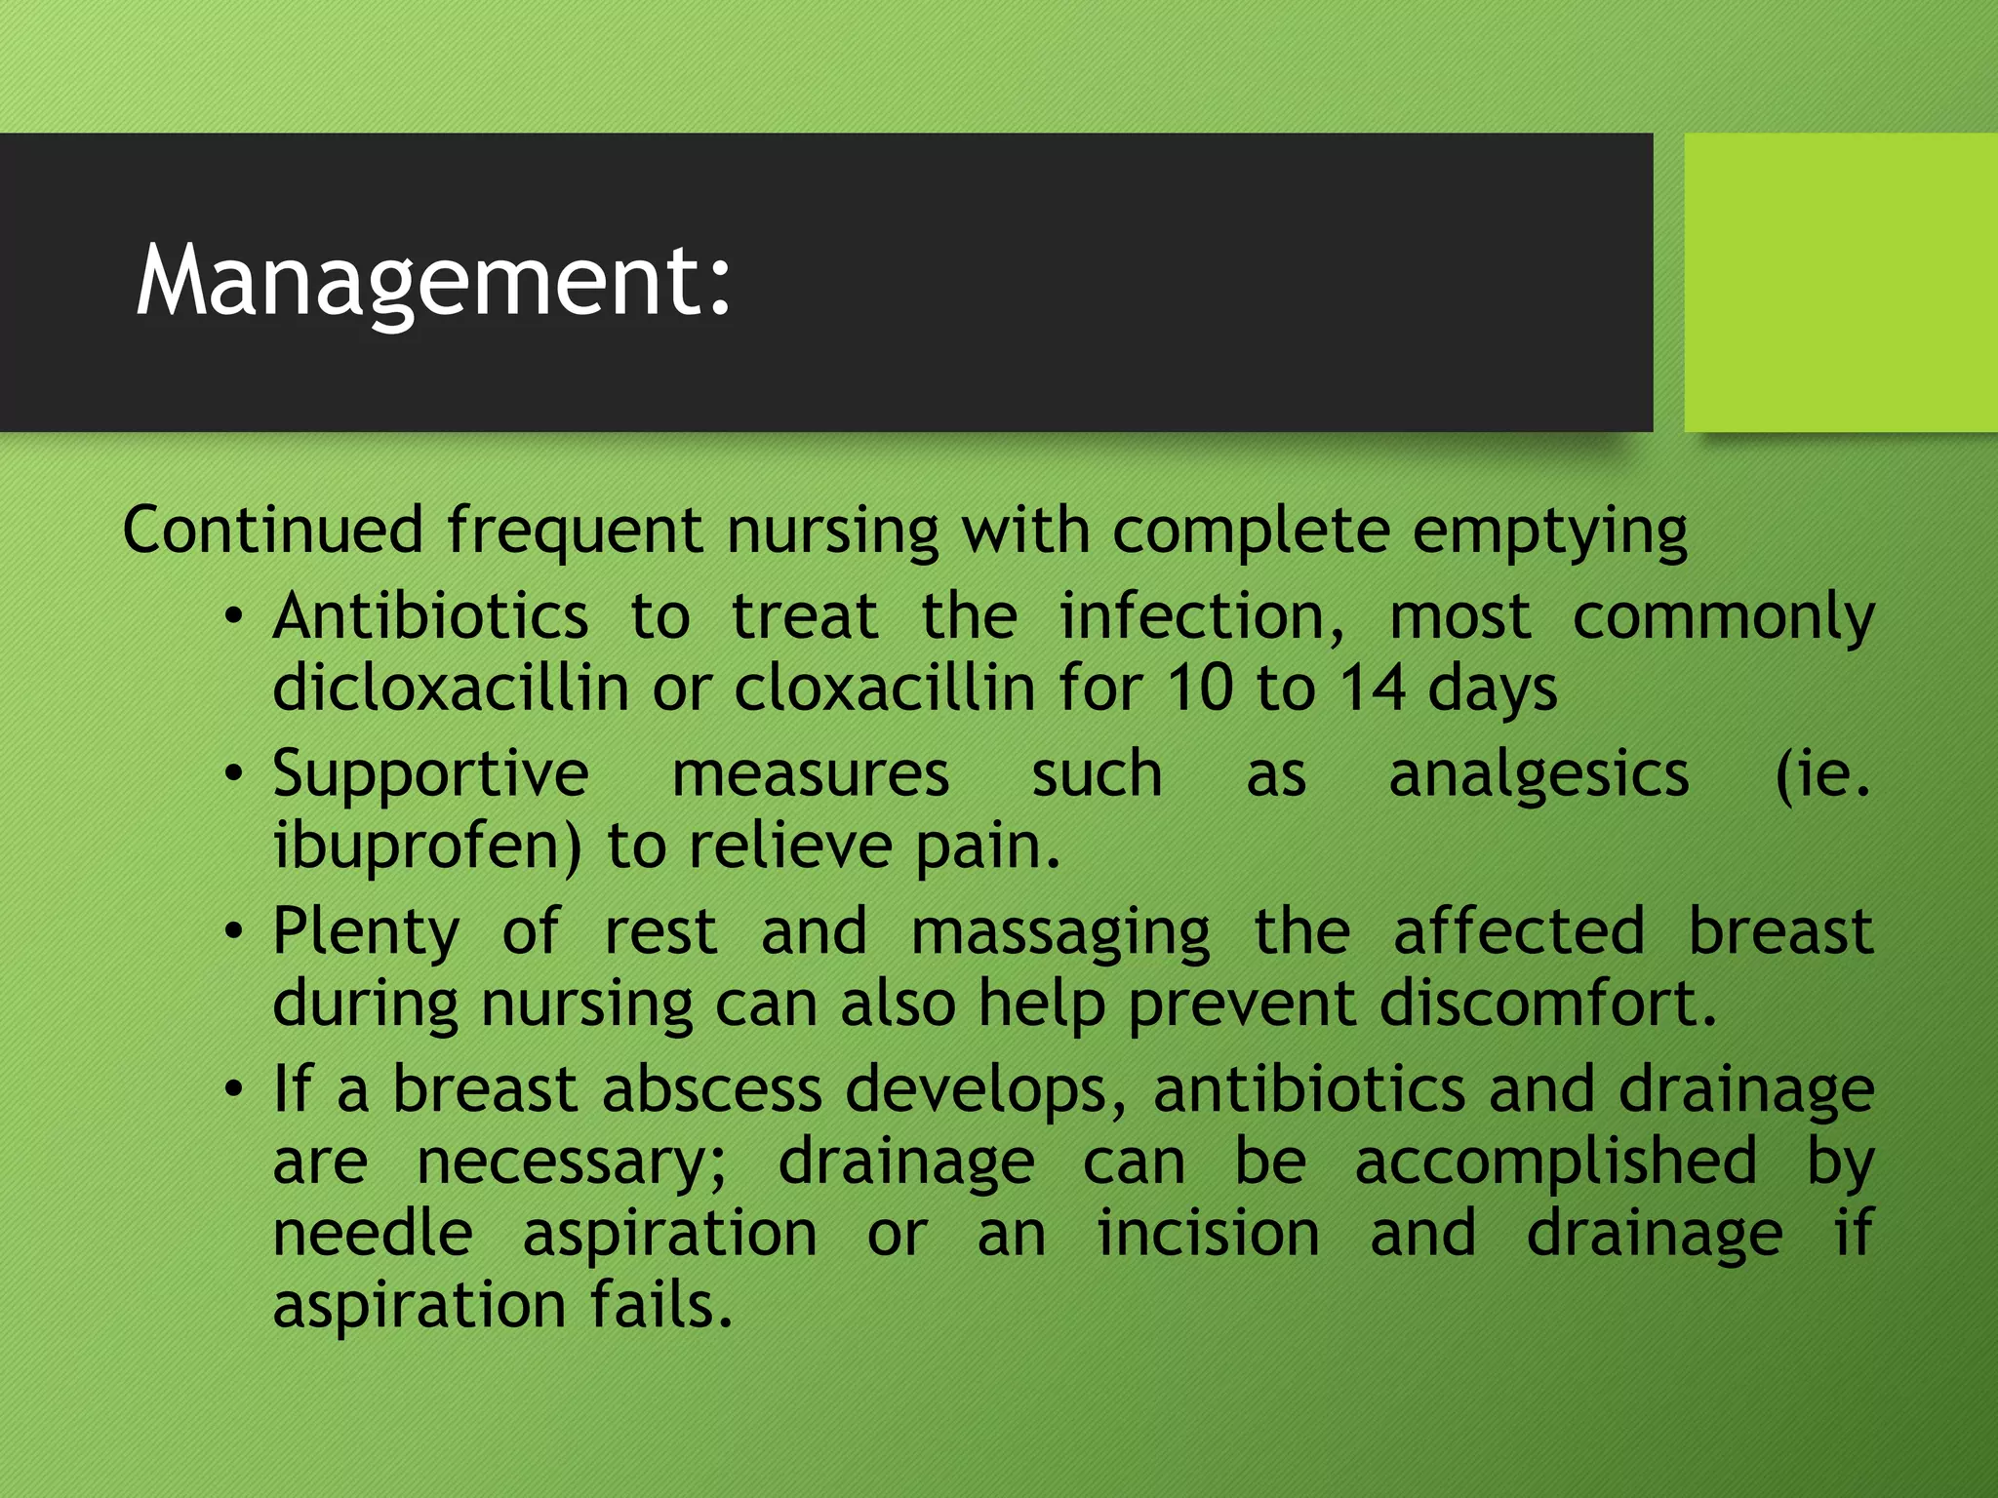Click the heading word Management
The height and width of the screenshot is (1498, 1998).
(433, 282)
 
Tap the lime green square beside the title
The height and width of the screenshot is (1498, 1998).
(1840, 282)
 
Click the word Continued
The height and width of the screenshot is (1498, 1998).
(272, 531)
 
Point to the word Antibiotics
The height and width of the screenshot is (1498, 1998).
(430, 616)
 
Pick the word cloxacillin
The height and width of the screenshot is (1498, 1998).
(884, 688)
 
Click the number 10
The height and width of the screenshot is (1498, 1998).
(1200, 688)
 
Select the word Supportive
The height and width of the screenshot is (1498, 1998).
(430, 775)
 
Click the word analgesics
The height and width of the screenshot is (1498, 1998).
(1538, 775)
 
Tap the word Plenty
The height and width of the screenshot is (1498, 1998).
(366, 932)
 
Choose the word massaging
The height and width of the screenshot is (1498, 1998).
(1060, 932)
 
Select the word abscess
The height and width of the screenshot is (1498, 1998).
(711, 1089)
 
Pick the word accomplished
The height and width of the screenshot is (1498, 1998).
(1556, 1162)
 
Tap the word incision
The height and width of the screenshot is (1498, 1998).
(1208, 1233)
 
